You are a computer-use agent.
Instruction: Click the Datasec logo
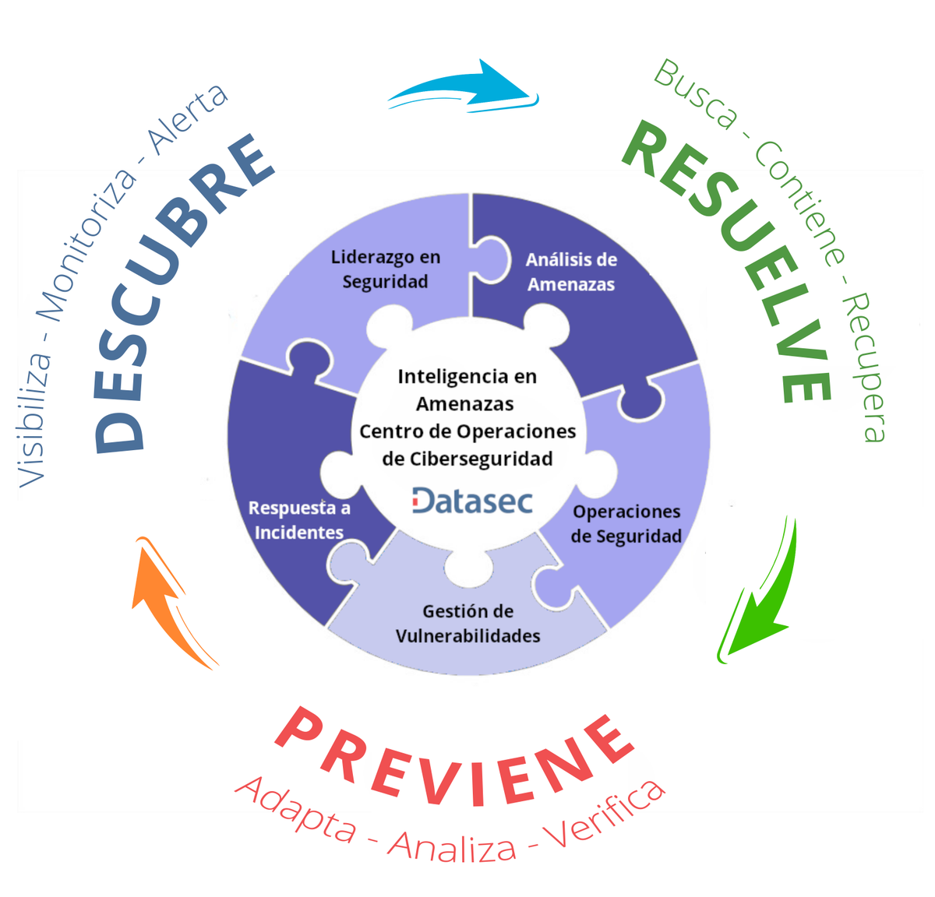coord(472,501)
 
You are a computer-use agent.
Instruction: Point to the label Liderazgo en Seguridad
coord(386,269)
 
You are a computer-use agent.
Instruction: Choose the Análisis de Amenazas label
coord(571,272)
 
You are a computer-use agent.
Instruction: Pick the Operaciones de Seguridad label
coord(626,523)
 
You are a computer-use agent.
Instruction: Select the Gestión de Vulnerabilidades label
coord(467,624)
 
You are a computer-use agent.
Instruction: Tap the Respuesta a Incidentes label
coord(299,520)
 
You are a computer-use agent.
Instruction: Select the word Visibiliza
coord(35,420)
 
